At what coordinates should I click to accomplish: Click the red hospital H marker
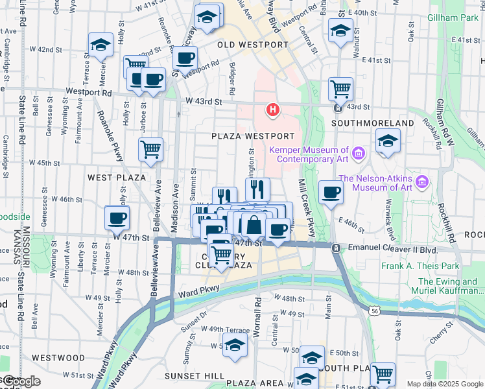[273, 109]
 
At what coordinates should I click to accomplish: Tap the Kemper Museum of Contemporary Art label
[308, 154]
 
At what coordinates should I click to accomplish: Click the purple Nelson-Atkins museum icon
[423, 180]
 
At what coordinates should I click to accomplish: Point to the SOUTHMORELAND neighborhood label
[372, 123]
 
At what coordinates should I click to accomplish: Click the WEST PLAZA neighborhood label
[117, 177]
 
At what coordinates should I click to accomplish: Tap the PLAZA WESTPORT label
[253, 136]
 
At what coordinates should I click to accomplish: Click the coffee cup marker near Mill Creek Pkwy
[331, 192]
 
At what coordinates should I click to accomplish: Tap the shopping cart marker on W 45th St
[150, 149]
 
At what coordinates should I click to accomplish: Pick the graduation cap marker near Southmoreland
[388, 141]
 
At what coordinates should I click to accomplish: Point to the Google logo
[21, 382]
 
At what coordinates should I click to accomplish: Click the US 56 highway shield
[375, 312]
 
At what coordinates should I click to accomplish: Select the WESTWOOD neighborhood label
[58, 357]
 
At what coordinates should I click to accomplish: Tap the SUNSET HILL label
[195, 376]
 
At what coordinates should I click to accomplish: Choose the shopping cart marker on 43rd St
[340, 88]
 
